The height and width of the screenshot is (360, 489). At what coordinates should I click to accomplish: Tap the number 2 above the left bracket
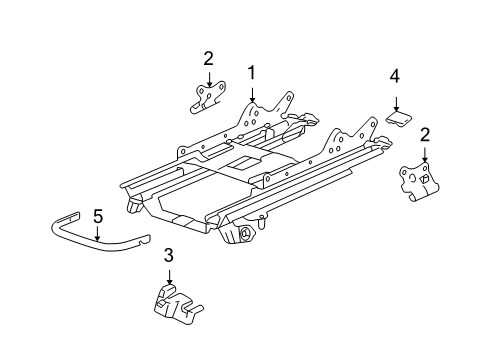(208, 57)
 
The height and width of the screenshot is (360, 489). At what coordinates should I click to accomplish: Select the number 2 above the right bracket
(425, 134)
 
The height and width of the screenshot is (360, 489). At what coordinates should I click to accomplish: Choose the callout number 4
(395, 75)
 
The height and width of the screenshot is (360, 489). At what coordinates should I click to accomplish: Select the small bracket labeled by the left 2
(206, 95)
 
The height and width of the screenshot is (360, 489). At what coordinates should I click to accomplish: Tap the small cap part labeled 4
(400, 119)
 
